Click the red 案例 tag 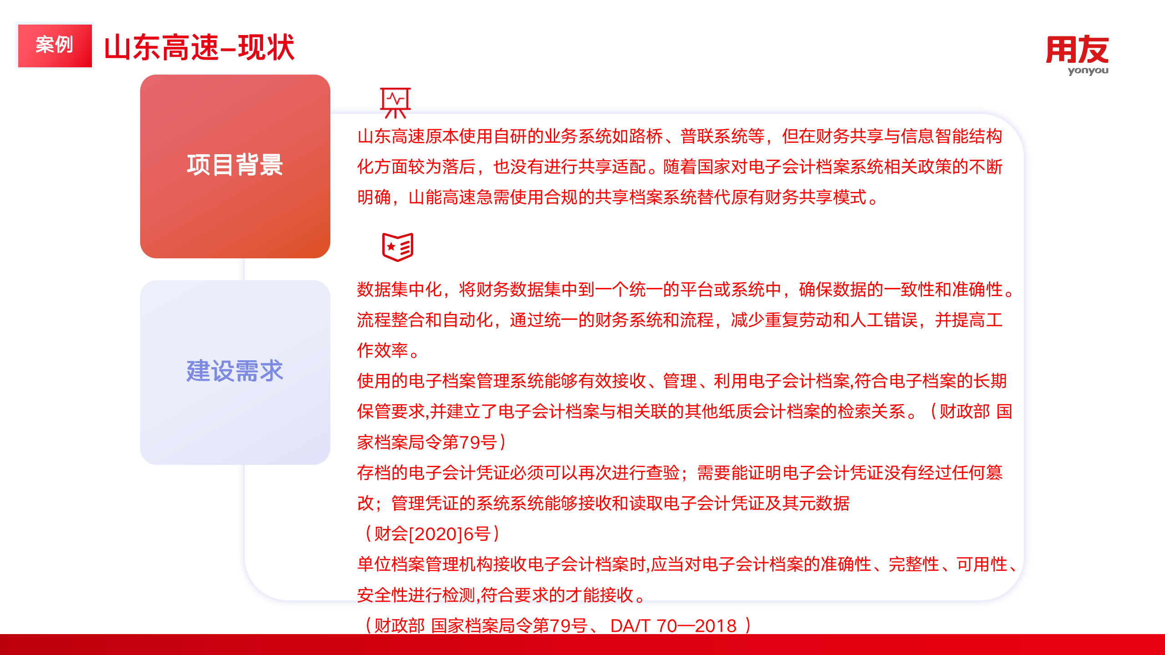coord(55,45)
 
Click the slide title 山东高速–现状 coord(199,47)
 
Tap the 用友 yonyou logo coord(1077,55)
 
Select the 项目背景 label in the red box coord(235,165)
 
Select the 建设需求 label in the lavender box coord(235,371)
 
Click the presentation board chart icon coord(395,103)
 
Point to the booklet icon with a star coord(398,247)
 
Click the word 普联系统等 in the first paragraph coord(722,136)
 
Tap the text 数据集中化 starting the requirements coord(399,289)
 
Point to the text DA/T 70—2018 coord(674,626)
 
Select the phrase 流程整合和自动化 coord(425,320)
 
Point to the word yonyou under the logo coord(1088,71)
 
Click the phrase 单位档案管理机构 coord(425,564)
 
